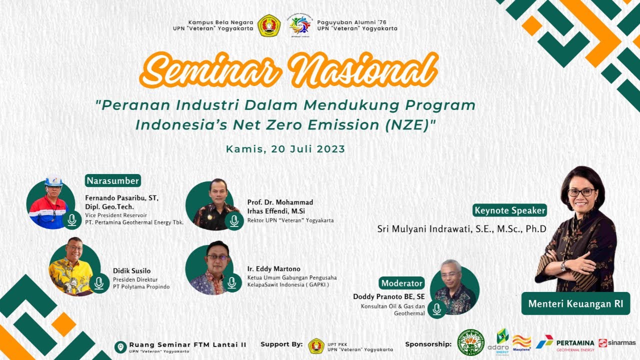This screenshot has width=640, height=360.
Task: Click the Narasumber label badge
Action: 113,180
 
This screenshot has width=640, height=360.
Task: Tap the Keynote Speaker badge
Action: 510,210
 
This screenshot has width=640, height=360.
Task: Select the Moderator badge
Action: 401,283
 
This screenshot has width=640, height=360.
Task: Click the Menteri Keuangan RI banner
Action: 575,304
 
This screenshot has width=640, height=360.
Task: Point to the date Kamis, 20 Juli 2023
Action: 285,149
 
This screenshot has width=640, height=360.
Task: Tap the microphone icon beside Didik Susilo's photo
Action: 99,283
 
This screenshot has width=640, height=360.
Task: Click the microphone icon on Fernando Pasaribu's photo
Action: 72,219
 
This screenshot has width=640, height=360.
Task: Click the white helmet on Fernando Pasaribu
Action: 53,181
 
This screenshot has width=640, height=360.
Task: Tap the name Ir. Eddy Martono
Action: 273,269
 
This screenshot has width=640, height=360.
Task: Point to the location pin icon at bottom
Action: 120,347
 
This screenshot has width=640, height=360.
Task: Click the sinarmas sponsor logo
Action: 617,343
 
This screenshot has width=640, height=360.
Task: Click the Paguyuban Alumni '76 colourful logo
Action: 299,25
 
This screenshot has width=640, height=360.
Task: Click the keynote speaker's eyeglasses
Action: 581,192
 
